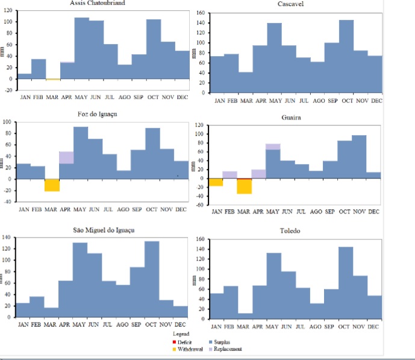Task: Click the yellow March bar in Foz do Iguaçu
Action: click(52, 185)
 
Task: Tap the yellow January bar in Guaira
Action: click(216, 182)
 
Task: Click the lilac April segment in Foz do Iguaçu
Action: click(66, 157)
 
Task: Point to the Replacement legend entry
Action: click(236, 349)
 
